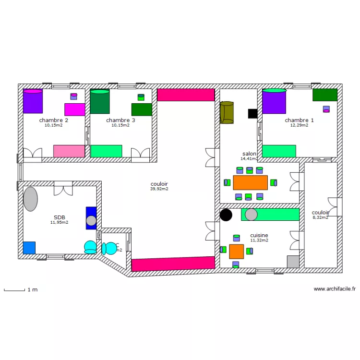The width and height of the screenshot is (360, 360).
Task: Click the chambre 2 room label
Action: (x=53, y=120)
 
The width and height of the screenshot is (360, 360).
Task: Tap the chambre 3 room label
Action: (x=120, y=120)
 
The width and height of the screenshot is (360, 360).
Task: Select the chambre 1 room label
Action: (x=299, y=120)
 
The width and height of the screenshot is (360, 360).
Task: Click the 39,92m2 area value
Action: (x=159, y=189)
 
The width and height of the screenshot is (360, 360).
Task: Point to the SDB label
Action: (x=60, y=217)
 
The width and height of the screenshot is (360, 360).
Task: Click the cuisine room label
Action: (x=259, y=235)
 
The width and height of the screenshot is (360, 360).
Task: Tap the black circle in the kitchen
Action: (x=226, y=215)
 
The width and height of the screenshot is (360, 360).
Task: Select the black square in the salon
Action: (x=252, y=114)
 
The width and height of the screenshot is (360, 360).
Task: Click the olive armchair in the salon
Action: (x=227, y=112)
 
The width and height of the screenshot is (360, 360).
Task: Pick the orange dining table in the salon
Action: (x=250, y=182)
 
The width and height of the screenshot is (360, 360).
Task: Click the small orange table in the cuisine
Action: (x=236, y=251)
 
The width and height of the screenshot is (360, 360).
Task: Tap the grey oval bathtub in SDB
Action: (x=30, y=199)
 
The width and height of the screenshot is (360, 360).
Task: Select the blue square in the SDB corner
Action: (x=29, y=248)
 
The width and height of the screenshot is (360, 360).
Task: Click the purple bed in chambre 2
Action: (x=33, y=101)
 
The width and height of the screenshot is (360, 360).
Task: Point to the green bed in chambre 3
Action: (x=100, y=101)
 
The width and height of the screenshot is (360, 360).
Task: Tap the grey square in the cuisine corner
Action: (x=293, y=262)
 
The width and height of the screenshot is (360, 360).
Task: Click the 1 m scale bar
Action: (x=14, y=290)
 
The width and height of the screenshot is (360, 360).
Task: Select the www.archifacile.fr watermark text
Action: (x=335, y=289)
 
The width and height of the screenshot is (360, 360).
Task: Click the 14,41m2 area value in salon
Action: (x=249, y=158)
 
